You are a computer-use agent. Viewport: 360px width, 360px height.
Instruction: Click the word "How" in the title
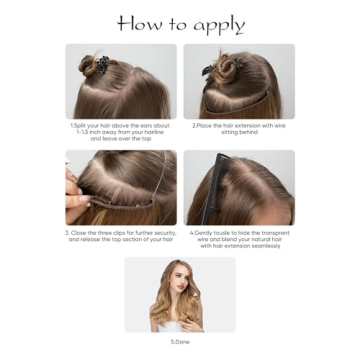coord(139,23)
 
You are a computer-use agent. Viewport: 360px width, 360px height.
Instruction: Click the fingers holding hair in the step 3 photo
coord(73,185)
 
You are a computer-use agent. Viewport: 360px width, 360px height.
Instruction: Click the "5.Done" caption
coord(180,342)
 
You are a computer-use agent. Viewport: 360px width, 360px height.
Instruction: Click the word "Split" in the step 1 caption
coord(85,127)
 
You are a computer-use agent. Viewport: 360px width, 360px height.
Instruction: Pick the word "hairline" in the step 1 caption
coord(150,133)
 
